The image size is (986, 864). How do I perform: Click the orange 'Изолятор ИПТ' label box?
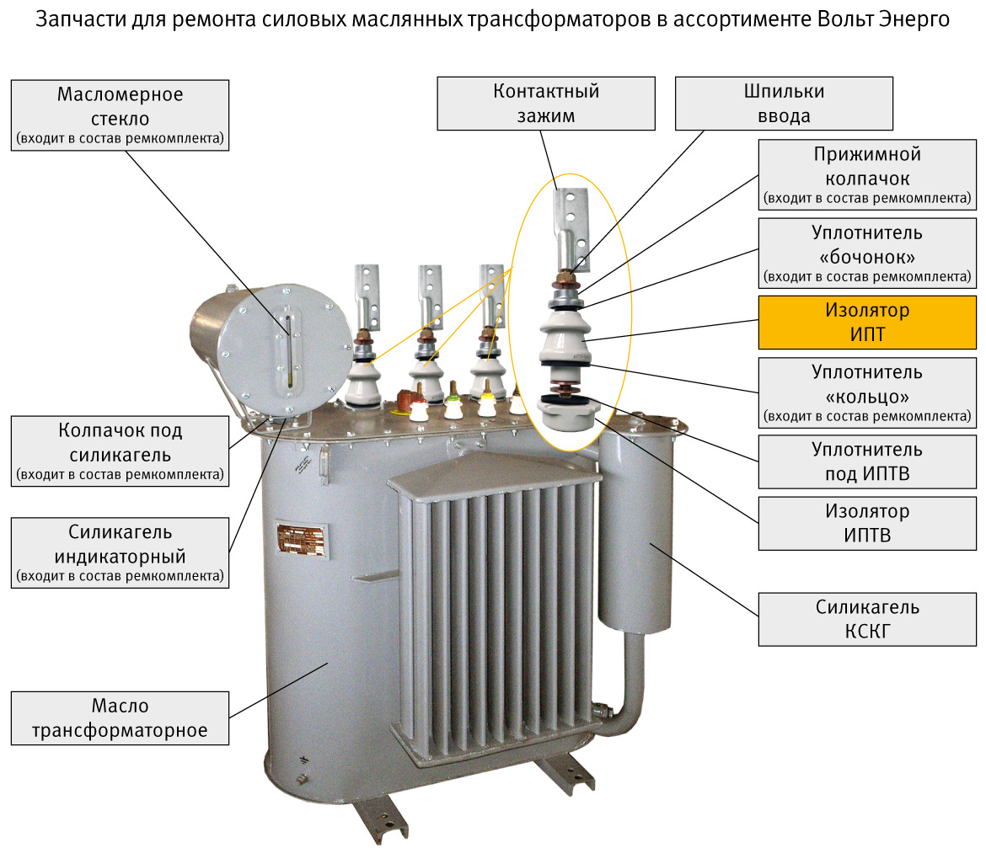[867, 323]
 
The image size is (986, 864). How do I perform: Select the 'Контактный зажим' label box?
[546, 104]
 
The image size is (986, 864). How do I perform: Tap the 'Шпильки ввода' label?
[784, 104]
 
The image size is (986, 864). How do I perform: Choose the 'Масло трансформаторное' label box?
[120, 718]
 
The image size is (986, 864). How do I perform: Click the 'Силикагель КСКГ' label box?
[867, 619]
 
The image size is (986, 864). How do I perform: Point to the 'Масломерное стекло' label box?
[120, 115]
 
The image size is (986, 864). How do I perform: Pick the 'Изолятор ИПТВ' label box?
[867, 523]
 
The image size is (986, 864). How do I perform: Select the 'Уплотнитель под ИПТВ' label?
[867, 461]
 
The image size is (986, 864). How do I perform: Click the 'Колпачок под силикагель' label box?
[120, 452]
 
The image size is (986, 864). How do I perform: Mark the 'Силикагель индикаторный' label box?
[120, 552]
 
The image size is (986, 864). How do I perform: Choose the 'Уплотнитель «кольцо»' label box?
[867, 392]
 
